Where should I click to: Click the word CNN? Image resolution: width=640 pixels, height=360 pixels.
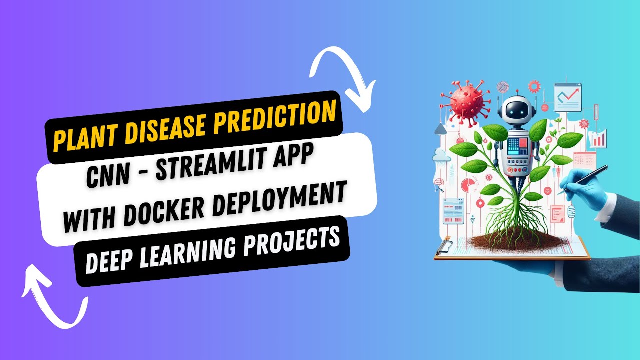(105, 175)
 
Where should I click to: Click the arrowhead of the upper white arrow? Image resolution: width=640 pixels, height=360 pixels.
(365, 96)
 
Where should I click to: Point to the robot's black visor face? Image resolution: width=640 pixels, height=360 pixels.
(515, 111)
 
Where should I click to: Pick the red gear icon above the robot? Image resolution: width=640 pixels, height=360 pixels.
(534, 87)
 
